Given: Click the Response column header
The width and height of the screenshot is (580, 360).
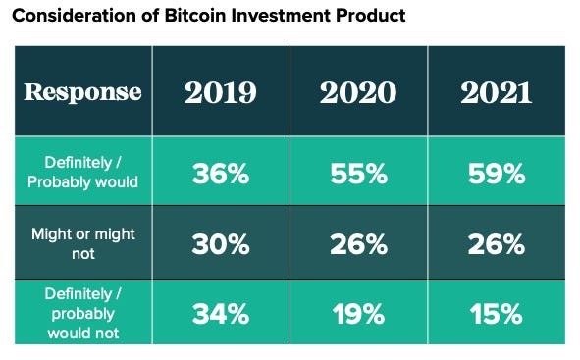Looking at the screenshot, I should pos(82,93).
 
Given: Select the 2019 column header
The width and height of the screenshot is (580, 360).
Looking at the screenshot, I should pos(220,93).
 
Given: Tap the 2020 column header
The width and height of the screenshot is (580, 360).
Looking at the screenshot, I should pos(357,93).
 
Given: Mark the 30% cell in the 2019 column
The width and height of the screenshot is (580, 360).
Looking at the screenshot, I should pos(220,244).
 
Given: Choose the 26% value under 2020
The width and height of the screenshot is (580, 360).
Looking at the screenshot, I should pos(357,244).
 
